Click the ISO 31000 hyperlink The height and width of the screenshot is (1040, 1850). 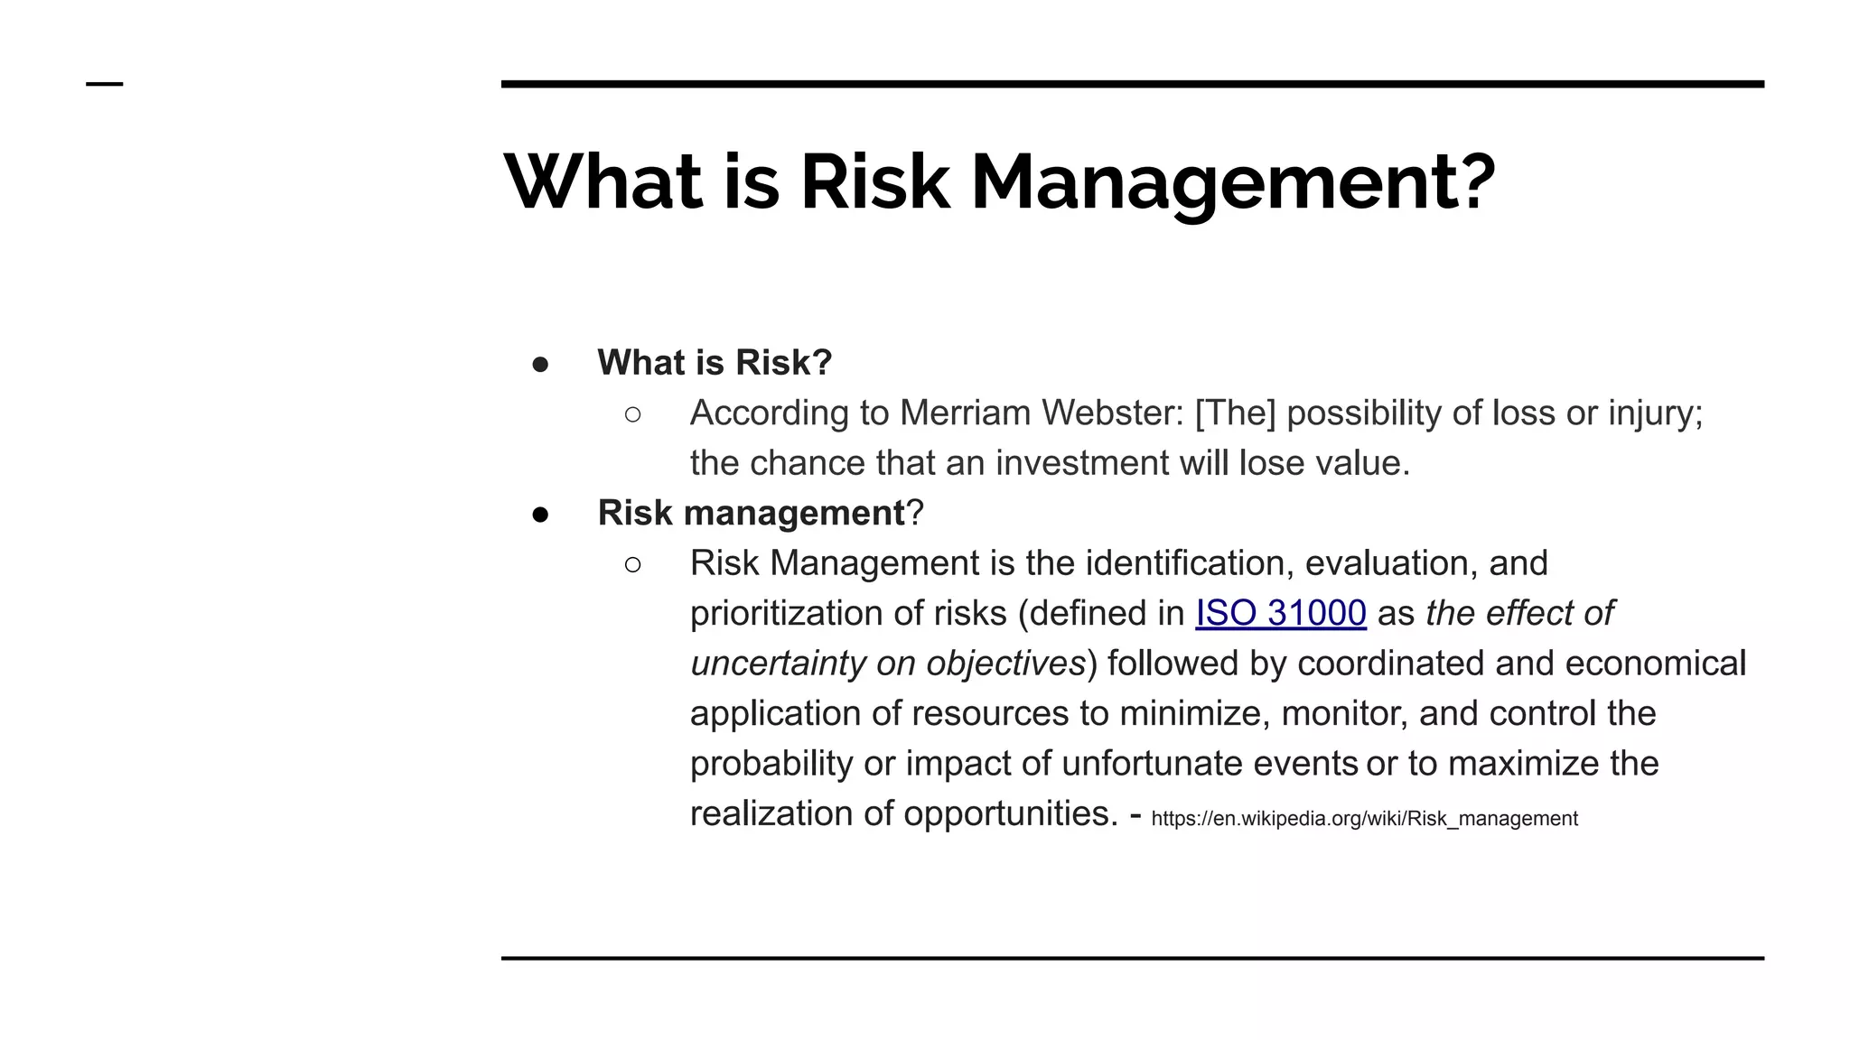[1280, 614]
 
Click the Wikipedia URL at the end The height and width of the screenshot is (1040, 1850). [1364, 819]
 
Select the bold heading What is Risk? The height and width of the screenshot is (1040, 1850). [715, 363]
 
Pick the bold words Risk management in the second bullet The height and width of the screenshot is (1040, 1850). [751, 514]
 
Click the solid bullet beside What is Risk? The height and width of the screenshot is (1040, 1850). [540, 365]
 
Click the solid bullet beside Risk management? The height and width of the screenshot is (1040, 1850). [540, 515]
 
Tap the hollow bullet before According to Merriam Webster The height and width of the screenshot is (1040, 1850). [632, 414]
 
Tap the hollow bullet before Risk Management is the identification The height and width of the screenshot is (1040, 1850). [632, 565]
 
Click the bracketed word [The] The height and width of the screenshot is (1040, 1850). [1235, 413]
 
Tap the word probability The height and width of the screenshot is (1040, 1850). [771, 765]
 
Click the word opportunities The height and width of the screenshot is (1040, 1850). [1010, 814]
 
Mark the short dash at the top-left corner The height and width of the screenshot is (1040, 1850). [105, 84]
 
